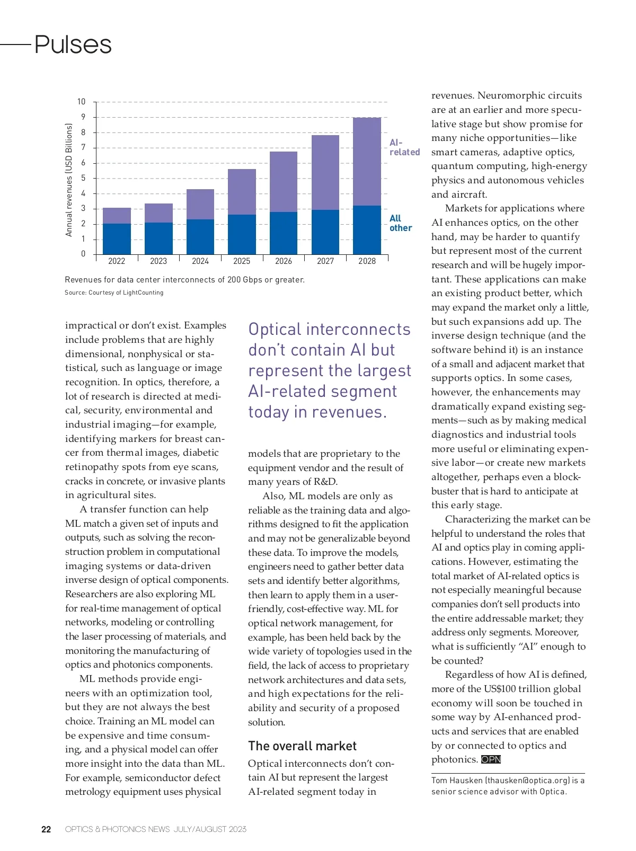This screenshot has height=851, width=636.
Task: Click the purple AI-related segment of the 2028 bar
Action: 367,162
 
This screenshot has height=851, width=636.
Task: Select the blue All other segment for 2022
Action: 117,239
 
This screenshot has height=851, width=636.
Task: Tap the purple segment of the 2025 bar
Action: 242,192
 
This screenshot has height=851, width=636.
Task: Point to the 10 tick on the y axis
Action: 81,102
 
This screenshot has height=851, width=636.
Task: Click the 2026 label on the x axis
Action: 284,261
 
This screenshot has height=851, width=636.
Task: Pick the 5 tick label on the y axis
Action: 83,178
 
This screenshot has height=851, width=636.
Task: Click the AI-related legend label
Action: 404,147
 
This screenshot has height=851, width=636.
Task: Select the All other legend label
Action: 400,223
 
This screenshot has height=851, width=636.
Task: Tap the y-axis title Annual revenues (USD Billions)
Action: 68,180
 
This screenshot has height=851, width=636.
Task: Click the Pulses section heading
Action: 73,45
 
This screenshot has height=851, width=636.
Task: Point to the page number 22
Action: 46,829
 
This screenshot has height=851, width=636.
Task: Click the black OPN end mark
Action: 491,759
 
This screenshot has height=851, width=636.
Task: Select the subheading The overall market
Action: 302,746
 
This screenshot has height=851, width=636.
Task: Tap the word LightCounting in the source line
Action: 143,292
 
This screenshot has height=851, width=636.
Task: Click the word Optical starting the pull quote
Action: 275,330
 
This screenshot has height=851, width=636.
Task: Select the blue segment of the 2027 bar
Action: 325,232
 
